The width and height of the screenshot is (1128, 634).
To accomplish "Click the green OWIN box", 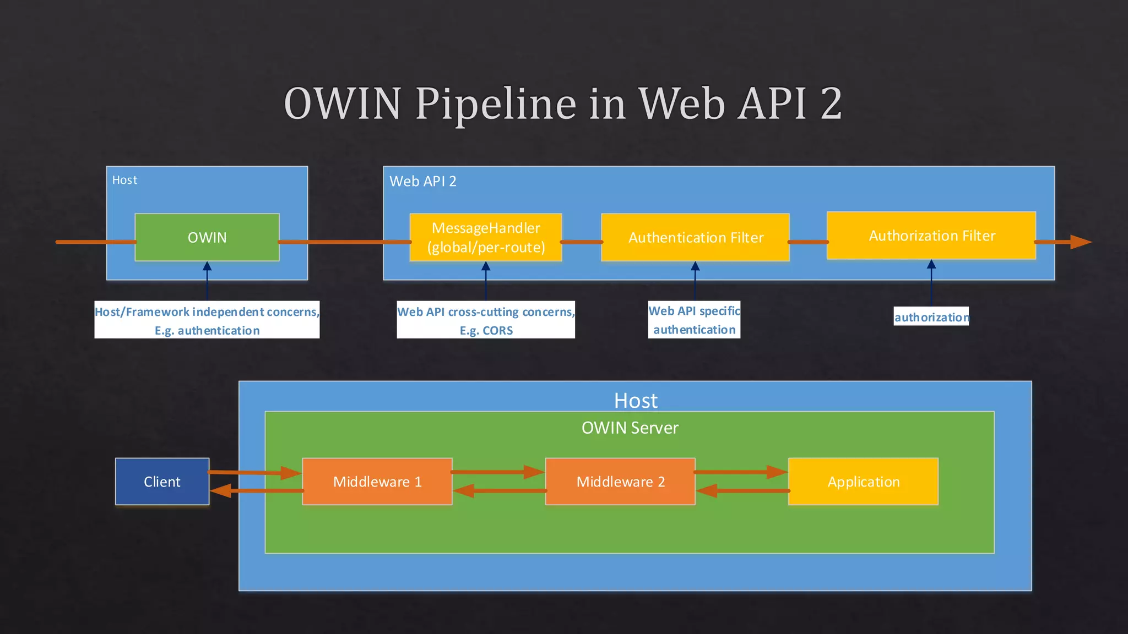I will click(207, 237).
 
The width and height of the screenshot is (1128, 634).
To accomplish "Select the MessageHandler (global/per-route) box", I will click(486, 237).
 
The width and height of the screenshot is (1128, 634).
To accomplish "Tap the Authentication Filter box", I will click(695, 237).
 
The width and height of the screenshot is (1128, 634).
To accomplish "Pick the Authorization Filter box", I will click(931, 236).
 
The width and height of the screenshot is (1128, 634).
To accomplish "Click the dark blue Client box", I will click(162, 482).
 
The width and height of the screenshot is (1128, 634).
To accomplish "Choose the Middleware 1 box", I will click(377, 482).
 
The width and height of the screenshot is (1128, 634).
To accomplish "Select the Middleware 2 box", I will click(620, 482).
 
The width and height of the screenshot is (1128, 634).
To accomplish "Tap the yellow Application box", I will click(863, 482).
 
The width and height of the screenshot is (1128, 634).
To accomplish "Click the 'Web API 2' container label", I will click(423, 182).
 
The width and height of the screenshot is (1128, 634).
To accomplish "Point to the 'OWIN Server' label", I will click(630, 428).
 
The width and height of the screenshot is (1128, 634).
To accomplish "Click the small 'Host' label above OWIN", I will click(124, 180).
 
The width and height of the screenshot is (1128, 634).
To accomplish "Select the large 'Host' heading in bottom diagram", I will click(636, 401).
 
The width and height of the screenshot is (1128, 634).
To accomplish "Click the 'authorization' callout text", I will click(931, 317).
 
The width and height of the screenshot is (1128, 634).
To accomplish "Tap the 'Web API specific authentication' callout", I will click(694, 320).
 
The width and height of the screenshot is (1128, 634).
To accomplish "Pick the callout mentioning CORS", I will click(486, 320).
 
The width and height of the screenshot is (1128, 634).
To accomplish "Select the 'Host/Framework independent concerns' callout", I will click(207, 320).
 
